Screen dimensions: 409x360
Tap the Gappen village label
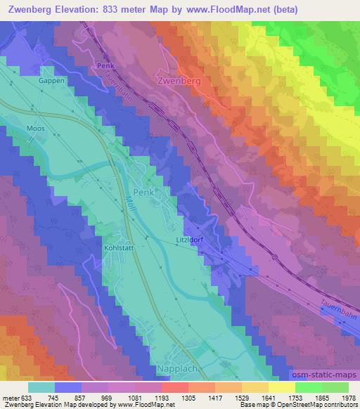(52, 81)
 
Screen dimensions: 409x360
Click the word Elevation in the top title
(82, 10)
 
